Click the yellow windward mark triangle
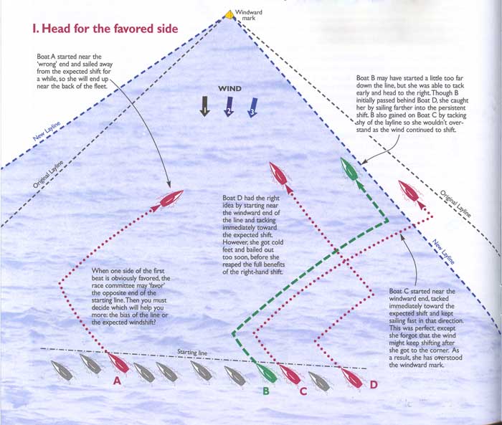pyautogui.click(x=228, y=15)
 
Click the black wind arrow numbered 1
pyautogui.click(x=204, y=106)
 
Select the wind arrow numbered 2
pyautogui.click(x=229, y=107)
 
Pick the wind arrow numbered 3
pyautogui.click(x=252, y=108)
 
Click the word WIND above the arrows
pyautogui.click(x=229, y=89)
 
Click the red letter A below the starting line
pyautogui.click(x=117, y=381)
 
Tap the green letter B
pyautogui.click(x=266, y=391)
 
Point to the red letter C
pyautogui.click(x=303, y=391)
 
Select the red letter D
pyautogui.click(x=374, y=384)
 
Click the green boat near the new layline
pyautogui.click(x=349, y=168)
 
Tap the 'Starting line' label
pyautogui.click(x=192, y=352)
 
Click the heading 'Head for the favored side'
pyautogui.click(x=105, y=29)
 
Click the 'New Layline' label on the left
pyautogui.click(x=47, y=131)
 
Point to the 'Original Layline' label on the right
pyautogui.click(x=455, y=204)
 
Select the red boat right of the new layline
pyautogui.click(x=409, y=191)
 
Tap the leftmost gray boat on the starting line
pyautogui.click(x=62, y=371)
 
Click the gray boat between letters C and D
pyautogui.click(x=319, y=381)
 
